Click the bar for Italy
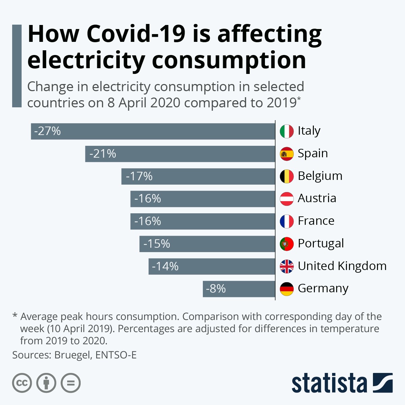(x=153, y=131)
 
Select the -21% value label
(x=103, y=154)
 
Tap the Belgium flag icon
(x=287, y=176)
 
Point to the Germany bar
(x=239, y=289)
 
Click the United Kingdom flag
(x=287, y=266)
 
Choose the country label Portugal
(x=321, y=243)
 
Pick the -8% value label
(x=216, y=289)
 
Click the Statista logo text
(x=329, y=383)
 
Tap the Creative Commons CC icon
(x=22, y=383)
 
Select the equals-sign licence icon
(x=71, y=383)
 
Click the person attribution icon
(x=46, y=383)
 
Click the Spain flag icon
(x=287, y=154)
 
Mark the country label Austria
(x=317, y=198)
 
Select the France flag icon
(x=287, y=221)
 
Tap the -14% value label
(x=165, y=267)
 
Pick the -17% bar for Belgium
(x=198, y=177)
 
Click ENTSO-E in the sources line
(x=116, y=355)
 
